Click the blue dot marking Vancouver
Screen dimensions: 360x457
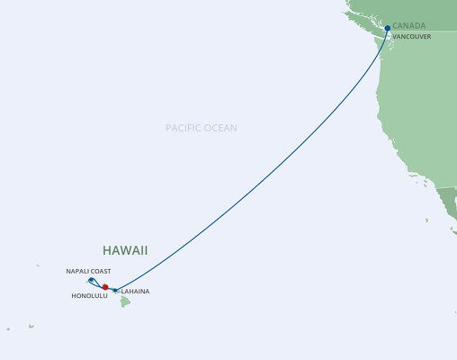coord(387,28)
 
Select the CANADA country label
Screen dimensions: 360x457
coord(411,27)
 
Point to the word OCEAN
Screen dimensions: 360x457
coord(221,129)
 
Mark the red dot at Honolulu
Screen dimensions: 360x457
coord(106,288)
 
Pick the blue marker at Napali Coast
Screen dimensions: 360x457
coord(91,280)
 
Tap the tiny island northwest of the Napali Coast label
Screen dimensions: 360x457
coord(38,265)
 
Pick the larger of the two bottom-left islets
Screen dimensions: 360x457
coord(31,326)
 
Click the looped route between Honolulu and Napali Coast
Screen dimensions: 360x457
coord(97,284)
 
